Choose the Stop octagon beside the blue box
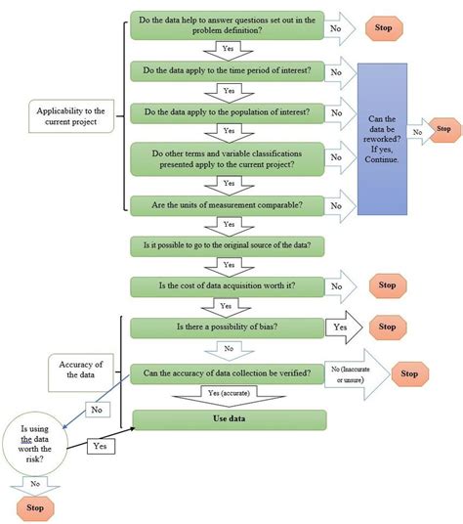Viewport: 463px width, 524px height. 444,128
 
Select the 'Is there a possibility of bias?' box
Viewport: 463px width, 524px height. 228,328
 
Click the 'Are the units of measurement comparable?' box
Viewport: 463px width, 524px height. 228,205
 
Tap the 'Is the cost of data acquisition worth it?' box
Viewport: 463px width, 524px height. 228,286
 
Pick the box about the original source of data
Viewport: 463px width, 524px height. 228,244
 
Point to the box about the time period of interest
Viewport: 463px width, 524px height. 228,71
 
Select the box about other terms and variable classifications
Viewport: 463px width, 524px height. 228,157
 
